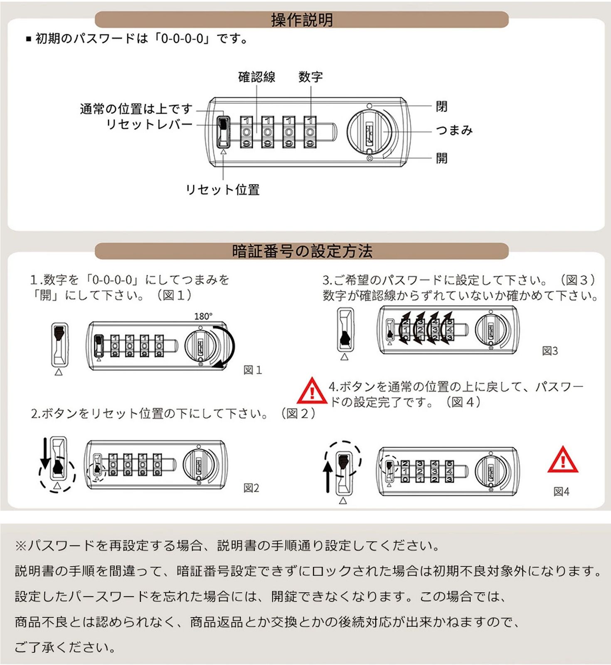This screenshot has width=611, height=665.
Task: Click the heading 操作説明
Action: pos(302,20)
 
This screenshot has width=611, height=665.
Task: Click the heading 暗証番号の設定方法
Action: pos(302,251)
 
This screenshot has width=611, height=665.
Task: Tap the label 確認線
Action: pos(256,77)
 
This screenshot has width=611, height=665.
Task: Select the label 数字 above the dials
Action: pos(310,77)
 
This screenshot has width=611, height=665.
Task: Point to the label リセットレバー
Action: pos(149,124)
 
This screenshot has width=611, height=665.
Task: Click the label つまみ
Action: pos(454,130)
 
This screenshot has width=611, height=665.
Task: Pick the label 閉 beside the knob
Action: pos(441,106)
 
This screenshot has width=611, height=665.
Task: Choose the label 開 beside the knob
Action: pos(441,158)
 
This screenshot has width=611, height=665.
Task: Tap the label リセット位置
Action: pos(222,190)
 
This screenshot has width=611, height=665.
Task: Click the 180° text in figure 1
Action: pos(203,316)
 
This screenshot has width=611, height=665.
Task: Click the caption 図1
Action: pos(253,370)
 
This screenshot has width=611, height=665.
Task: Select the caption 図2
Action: pos(251,488)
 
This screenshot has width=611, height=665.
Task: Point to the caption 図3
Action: pos(550,351)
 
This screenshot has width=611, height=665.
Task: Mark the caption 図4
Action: pos(561,492)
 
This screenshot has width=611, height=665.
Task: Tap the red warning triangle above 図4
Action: pos(563,460)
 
